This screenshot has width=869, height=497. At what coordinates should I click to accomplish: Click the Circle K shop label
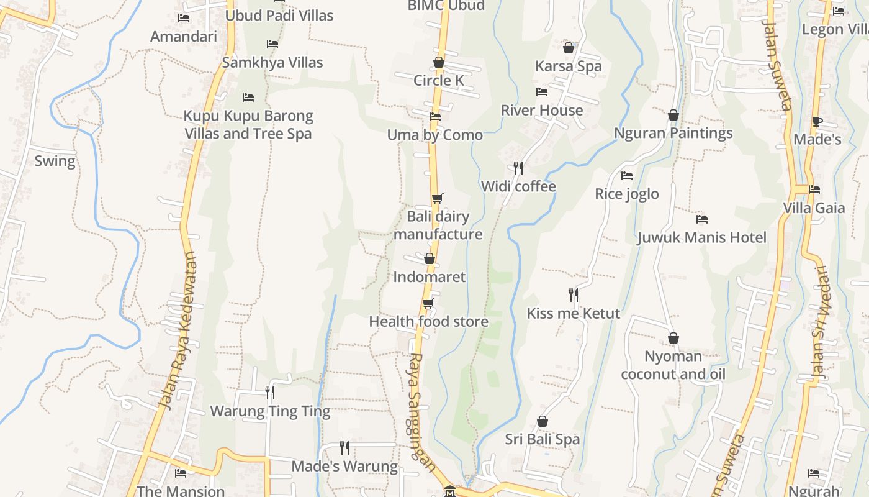(x=439, y=80)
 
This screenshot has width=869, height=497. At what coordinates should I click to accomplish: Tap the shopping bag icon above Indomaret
(x=429, y=258)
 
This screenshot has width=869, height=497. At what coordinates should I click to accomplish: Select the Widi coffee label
(x=518, y=186)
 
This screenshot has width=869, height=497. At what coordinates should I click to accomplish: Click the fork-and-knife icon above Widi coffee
(x=518, y=168)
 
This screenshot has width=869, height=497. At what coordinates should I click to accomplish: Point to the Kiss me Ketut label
(x=574, y=313)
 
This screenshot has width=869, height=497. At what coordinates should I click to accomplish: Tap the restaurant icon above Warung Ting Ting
(x=270, y=392)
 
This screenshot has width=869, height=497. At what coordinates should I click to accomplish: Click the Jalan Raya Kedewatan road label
(x=177, y=331)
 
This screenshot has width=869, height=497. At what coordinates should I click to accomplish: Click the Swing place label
(x=55, y=162)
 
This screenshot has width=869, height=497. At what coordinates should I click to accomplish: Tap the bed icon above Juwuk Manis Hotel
(x=702, y=219)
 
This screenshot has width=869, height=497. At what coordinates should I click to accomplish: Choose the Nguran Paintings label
(x=673, y=133)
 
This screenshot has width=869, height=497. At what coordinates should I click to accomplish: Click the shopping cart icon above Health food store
(x=428, y=303)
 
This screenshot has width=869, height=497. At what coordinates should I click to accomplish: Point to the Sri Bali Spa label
(x=543, y=439)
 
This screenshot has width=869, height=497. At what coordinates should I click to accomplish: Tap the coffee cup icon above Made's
(x=817, y=121)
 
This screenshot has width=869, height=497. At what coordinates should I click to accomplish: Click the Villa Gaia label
(x=814, y=207)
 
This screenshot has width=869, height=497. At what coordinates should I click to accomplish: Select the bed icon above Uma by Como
(x=435, y=117)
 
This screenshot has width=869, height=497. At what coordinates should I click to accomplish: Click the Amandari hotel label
(x=184, y=36)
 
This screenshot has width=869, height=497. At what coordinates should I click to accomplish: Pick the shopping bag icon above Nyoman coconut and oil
(x=673, y=338)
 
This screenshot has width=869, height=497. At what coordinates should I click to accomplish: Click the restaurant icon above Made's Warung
(x=344, y=447)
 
